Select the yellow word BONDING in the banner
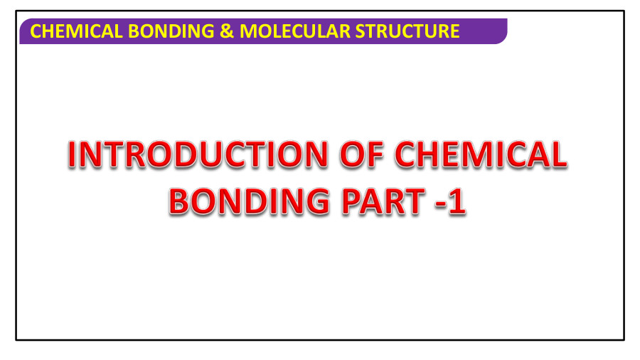click(156, 31)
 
